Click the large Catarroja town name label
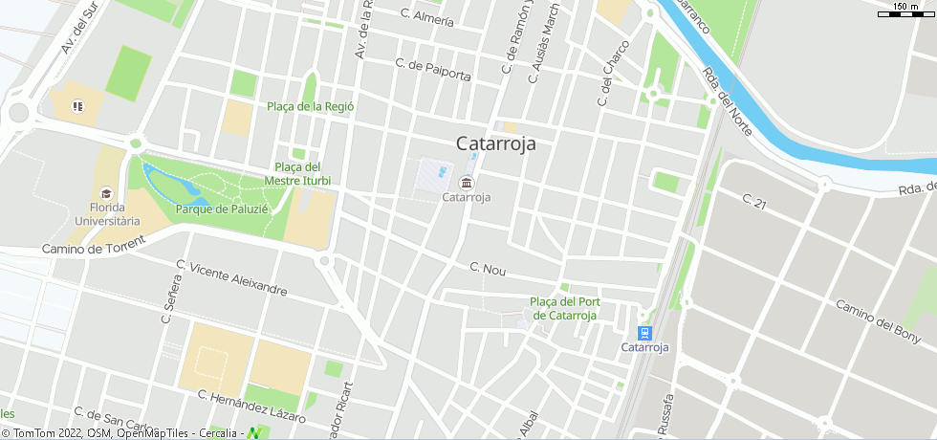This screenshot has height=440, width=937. pyautogui.click(x=495, y=144)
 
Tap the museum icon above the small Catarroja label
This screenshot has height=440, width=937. pyautogui.click(x=467, y=182)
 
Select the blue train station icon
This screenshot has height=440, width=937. pyautogui.click(x=645, y=333)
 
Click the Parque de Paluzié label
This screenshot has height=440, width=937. pyautogui.click(x=222, y=209)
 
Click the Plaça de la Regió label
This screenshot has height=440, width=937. pyautogui.click(x=311, y=106)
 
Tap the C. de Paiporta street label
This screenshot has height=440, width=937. pyautogui.click(x=432, y=69)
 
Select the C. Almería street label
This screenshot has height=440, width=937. pyautogui.click(x=427, y=18)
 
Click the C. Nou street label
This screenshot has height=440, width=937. pyautogui.click(x=488, y=270)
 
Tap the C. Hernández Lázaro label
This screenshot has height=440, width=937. pyautogui.click(x=251, y=406)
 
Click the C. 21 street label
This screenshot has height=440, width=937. pyautogui.click(x=755, y=201)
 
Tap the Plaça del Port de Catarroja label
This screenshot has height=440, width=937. pyautogui.click(x=564, y=308)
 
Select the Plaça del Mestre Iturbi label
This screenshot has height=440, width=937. pyautogui.click(x=297, y=173)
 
